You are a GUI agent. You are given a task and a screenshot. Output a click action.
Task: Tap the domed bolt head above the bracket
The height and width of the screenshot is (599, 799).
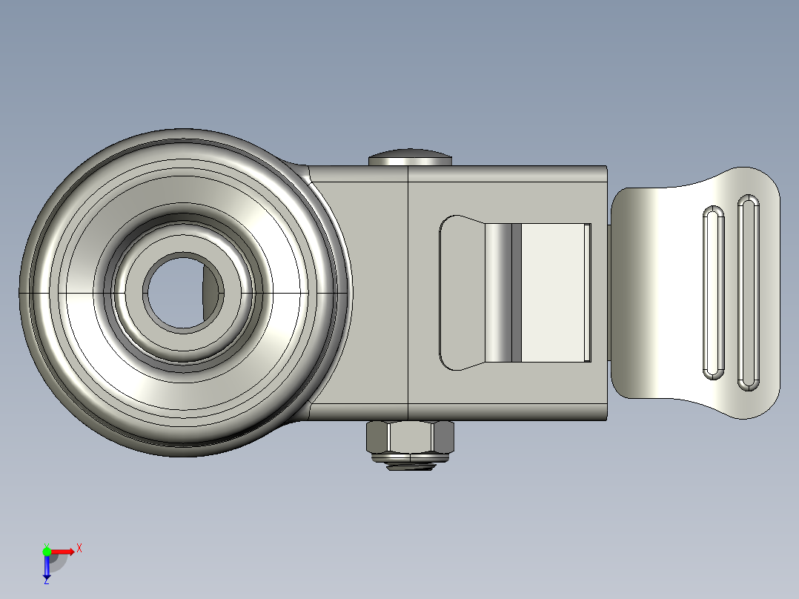pyautogui.click(x=410, y=158)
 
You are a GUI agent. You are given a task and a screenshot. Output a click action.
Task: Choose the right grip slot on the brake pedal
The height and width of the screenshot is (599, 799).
pyautogui.click(x=748, y=293)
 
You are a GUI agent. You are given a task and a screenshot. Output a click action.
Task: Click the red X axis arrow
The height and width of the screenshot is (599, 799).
pyautogui.click(x=64, y=552)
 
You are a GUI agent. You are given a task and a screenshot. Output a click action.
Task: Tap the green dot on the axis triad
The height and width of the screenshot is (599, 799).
pyautogui.click(x=47, y=551)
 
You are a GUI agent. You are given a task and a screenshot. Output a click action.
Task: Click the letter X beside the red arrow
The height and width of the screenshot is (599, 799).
pyautogui.click(x=79, y=549)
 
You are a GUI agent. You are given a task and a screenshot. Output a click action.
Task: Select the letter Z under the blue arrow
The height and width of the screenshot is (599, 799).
pyautogui.click(x=47, y=581)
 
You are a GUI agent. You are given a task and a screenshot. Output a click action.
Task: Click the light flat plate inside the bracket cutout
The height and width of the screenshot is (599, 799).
pyautogui.click(x=552, y=293)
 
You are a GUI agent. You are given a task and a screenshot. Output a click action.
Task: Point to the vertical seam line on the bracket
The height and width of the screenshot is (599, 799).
pyautogui.click(x=409, y=293)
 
